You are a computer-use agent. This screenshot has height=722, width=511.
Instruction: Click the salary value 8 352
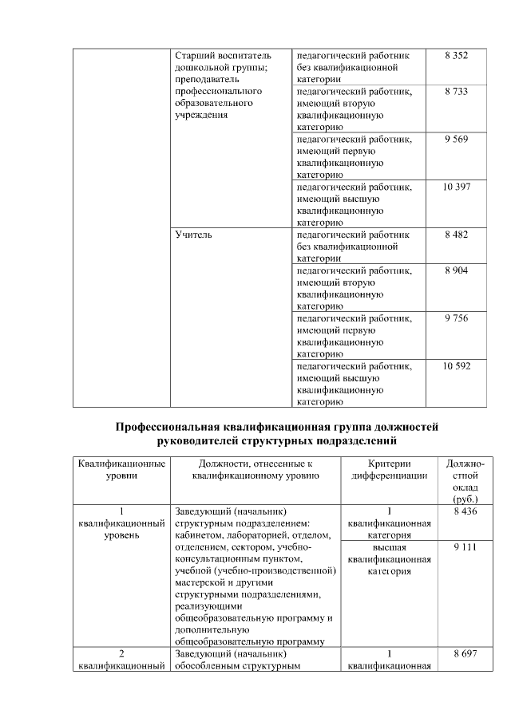pos(456,57)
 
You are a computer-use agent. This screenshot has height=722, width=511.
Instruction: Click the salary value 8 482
pos(456,235)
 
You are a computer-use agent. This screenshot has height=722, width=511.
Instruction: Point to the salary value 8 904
pos(456,271)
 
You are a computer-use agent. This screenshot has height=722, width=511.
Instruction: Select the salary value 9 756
pos(456,318)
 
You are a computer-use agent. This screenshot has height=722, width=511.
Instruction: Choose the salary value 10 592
pos(456,366)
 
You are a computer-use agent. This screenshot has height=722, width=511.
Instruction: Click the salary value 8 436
pos(464,511)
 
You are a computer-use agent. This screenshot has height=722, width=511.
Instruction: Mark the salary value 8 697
pos(464,653)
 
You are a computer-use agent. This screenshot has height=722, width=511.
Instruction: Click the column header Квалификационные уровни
pos(121,469)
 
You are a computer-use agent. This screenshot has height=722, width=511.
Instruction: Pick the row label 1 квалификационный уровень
pos(121,523)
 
